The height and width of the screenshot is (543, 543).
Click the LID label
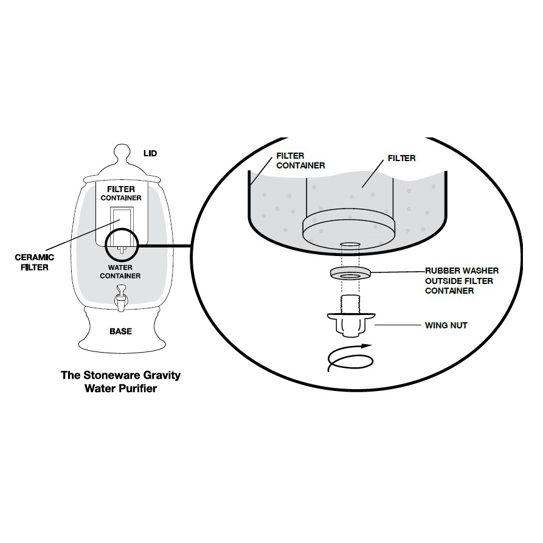point(150,153)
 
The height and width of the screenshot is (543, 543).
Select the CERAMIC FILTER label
point(35,261)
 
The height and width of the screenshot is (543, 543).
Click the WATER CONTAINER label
point(124,271)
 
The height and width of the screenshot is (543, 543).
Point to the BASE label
point(120,331)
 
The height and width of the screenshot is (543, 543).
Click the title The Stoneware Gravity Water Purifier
point(120,381)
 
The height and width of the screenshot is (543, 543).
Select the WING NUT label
point(446,325)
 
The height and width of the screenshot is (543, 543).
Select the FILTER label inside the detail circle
point(401,158)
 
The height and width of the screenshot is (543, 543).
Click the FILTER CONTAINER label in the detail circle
point(300,161)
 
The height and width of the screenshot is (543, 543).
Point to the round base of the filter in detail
point(349,226)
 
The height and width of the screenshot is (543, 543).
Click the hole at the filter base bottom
point(349,245)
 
